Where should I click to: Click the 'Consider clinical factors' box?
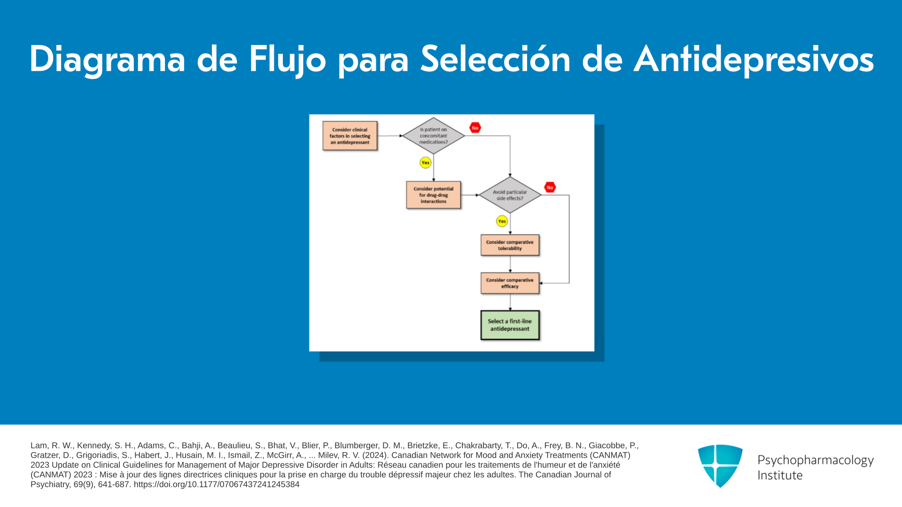[x=350, y=136]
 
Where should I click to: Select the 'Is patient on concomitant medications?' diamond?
[x=434, y=136]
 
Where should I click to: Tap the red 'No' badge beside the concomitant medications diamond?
[x=475, y=128]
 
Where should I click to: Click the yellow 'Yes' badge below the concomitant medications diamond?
[x=425, y=162]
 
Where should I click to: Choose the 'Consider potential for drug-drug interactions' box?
[x=434, y=195]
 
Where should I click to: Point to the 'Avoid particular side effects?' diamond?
[x=510, y=195]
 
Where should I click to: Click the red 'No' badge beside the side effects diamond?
[x=550, y=187]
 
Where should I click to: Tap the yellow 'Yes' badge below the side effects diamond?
[x=502, y=221]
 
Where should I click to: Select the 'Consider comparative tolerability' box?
[x=510, y=245]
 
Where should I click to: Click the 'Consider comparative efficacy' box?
[x=510, y=283]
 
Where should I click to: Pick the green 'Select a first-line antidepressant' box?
[x=510, y=325]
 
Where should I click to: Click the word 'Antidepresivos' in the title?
[x=754, y=60]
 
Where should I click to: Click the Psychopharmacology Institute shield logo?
[x=720, y=466]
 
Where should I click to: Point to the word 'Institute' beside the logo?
[x=780, y=475]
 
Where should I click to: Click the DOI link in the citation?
[x=217, y=484]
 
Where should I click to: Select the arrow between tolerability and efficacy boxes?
[x=510, y=264]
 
